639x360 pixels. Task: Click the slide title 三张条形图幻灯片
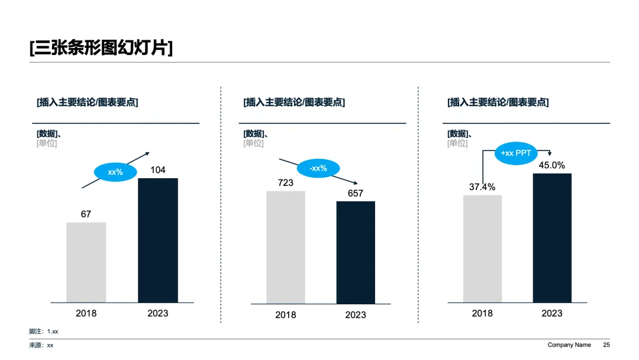(101, 48)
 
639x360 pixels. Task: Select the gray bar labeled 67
(86, 262)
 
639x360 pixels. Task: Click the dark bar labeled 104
(158, 240)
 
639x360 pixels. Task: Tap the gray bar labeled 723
(286, 247)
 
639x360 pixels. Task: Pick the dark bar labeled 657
(356, 252)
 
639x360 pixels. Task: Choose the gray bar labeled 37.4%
(483, 249)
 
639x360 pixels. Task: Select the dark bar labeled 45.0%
(552, 237)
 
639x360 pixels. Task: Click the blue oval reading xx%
(115, 172)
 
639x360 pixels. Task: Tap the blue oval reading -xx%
(318, 168)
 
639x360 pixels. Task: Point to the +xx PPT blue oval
(516, 153)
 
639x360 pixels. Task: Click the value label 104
(158, 170)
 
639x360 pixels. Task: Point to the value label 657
(356, 193)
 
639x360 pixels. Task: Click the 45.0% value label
(552, 165)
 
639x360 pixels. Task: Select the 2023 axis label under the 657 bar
(356, 315)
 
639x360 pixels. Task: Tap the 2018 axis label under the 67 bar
(86, 313)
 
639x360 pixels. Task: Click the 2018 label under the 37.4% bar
(482, 313)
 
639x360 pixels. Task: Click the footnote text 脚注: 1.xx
(44, 332)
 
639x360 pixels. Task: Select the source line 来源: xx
(41, 345)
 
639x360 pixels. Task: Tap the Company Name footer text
(569, 345)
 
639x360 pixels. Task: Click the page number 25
(606, 345)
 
